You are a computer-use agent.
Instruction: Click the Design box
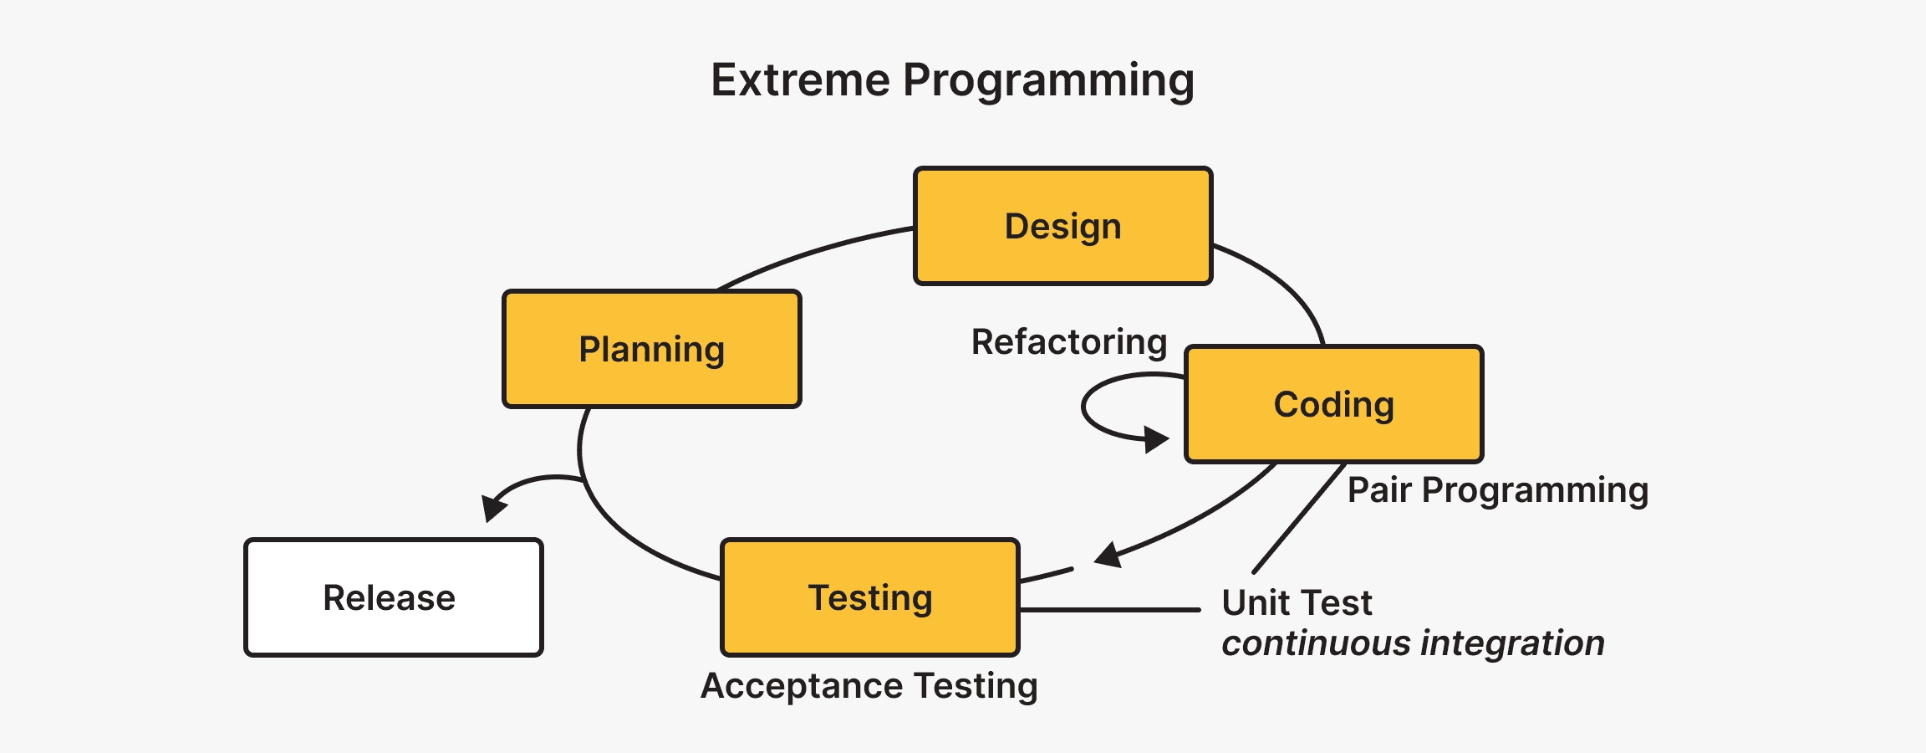pyautogui.click(x=1062, y=226)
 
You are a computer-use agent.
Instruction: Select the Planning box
pyautogui.click(x=651, y=349)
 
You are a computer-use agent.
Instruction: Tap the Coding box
pyautogui.click(x=1333, y=404)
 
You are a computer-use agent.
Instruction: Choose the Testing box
pyautogui.click(x=869, y=597)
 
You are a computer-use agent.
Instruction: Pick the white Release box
pyautogui.click(x=393, y=597)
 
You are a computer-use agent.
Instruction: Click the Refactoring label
pyautogui.click(x=1068, y=342)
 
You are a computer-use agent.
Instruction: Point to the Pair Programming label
pyautogui.click(x=1497, y=489)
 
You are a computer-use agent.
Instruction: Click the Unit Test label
pyautogui.click(x=1297, y=602)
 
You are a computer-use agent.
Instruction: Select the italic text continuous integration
pyautogui.click(x=1413, y=643)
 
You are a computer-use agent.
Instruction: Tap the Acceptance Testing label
pyautogui.click(x=869, y=686)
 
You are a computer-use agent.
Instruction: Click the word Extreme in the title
pyautogui.click(x=800, y=80)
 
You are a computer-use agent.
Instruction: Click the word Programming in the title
pyautogui.click(x=1048, y=82)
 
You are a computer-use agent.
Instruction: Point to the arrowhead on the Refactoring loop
pyautogui.click(x=1156, y=438)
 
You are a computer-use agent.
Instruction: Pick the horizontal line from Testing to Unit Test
pyautogui.click(x=1109, y=610)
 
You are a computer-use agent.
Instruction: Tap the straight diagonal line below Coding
pyautogui.click(x=1298, y=518)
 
